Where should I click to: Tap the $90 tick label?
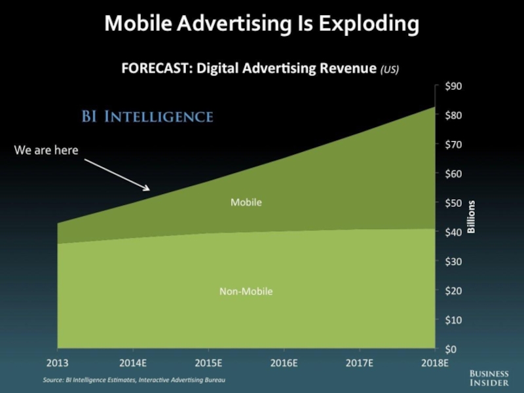tap(454, 86)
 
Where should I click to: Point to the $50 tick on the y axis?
tap(454, 203)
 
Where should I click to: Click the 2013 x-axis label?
tap(58, 362)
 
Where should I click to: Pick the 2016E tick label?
tap(284, 362)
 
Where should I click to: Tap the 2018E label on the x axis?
tap(434, 362)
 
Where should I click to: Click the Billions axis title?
tap(472, 217)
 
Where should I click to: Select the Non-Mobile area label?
tap(246, 291)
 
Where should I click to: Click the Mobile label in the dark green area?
tap(246, 202)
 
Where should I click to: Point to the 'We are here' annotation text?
tap(47, 151)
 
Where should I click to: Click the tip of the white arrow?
tap(149, 190)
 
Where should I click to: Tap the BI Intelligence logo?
tap(147, 117)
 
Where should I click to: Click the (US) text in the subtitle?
tap(389, 69)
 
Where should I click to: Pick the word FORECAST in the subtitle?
tap(155, 68)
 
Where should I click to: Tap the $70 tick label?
tap(454, 145)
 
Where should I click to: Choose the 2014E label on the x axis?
tap(133, 362)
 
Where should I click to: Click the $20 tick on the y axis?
tap(454, 291)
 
